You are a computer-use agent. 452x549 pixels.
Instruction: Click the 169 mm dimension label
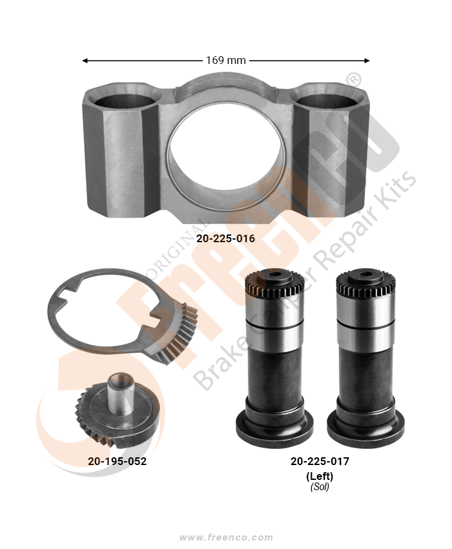click(226, 60)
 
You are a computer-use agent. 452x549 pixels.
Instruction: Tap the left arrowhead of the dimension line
click(85, 61)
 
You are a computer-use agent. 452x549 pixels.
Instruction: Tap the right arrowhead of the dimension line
click(367, 61)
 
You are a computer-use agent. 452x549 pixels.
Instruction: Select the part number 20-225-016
click(225, 238)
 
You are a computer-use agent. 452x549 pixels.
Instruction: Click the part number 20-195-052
click(117, 461)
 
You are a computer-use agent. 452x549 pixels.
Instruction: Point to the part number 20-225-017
click(320, 461)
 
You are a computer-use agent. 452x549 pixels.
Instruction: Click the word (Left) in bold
click(320, 476)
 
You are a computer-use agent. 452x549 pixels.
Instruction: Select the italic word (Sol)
click(320, 487)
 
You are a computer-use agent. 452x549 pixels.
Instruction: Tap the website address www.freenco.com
click(226, 537)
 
